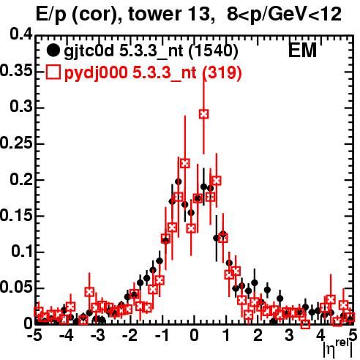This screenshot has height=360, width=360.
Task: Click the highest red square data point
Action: (203, 114)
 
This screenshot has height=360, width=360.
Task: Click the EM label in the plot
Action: (302, 50)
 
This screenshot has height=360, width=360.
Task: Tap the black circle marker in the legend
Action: (53, 50)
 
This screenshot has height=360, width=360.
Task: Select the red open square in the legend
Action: (53, 72)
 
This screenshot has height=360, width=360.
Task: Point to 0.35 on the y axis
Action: (16, 71)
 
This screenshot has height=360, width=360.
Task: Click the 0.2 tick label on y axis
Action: (21, 179)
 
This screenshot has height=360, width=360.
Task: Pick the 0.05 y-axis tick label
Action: (16, 288)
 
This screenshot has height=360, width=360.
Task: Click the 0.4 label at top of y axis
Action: (21, 34)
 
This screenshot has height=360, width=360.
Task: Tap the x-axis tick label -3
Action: (97, 336)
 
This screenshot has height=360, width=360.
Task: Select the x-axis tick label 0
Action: (194, 336)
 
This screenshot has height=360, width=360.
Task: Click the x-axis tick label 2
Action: (258, 336)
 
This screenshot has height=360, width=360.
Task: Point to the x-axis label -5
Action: (34, 336)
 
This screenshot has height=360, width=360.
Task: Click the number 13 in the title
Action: (200, 14)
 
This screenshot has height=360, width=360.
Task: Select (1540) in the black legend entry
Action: (213, 50)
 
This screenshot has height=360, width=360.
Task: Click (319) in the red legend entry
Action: (222, 72)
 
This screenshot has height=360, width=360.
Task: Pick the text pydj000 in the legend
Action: (96, 73)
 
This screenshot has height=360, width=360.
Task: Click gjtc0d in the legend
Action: (89, 51)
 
